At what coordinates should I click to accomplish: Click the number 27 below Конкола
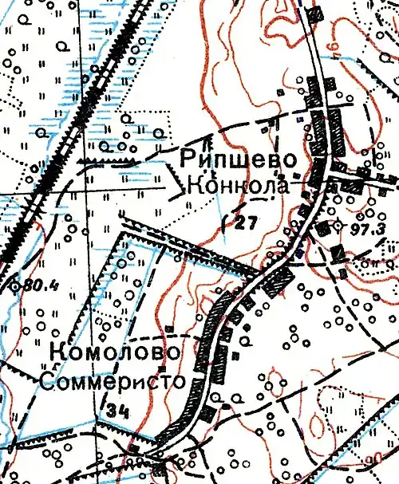click(x=247, y=223)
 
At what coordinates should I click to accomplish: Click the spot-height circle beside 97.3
click(x=336, y=226)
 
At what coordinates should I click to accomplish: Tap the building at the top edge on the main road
click(x=317, y=13)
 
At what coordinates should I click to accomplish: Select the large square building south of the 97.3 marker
click(x=338, y=252)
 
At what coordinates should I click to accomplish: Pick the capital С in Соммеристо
click(x=47, y=382)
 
